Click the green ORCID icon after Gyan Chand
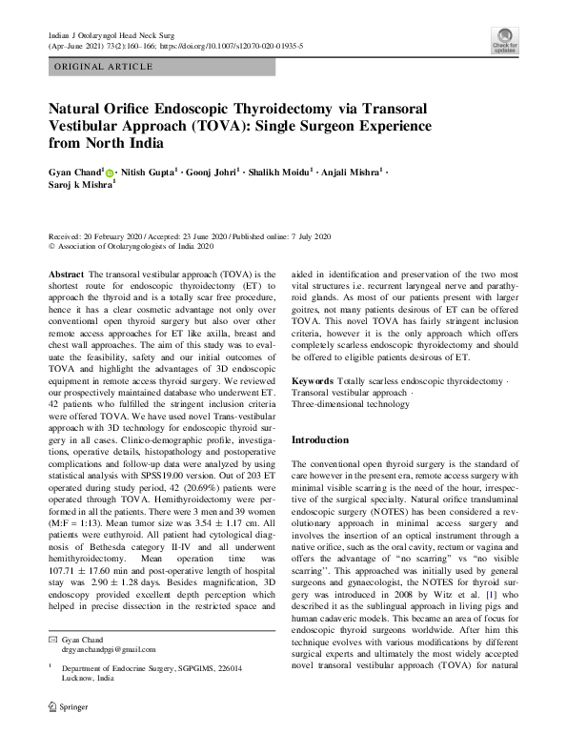tap(109, 173)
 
